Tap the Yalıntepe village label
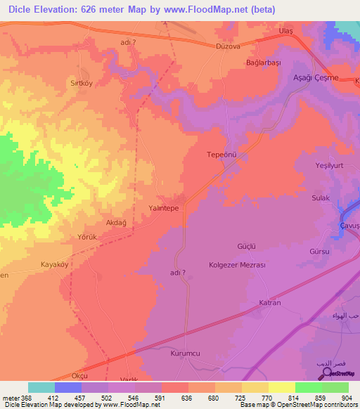click(x=164, y=209)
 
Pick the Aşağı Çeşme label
click(x=316, y=77)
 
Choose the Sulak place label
click(x=321, y=198)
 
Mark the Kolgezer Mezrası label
click(x=237, y=265)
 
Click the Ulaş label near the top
click(x=285, y=32)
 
